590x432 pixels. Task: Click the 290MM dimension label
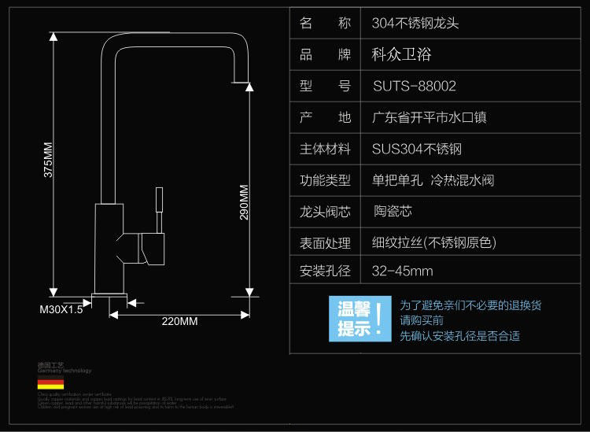[x=244, y=203]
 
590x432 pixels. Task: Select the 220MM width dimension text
[x=179, y=321]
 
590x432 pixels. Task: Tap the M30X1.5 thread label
[x=61, y=309]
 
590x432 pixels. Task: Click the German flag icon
[x=50, y=384]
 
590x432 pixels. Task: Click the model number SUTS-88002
[x=414, y=86]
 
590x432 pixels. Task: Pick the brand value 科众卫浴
[x=401, y=54]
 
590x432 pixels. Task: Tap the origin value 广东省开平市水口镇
[x=429, y=117]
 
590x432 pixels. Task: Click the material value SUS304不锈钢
[x=416, y=149]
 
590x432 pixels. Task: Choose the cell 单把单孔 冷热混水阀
[x=433, y=180]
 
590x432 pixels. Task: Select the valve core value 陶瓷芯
[x=393, y=211]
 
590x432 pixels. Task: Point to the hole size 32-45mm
[x=402, y=271]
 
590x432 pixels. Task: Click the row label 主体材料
[x=325, y=149]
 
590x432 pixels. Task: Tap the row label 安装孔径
[x=325, y=271]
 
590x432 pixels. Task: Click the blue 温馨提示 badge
[x=360, y=319]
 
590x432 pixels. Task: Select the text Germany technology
[x=65, y=371]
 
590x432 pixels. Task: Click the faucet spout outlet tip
[x=242, y=81]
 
